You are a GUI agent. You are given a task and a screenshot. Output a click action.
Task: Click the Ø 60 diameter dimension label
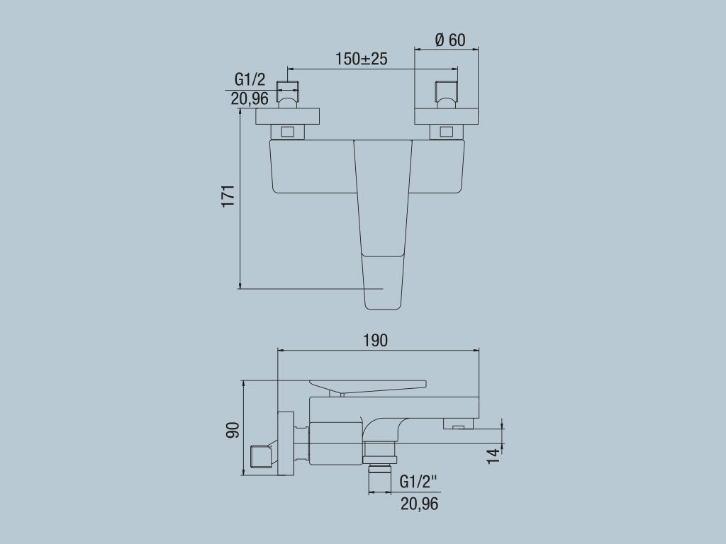[450, 40]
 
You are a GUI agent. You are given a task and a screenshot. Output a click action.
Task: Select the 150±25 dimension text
[362, 59]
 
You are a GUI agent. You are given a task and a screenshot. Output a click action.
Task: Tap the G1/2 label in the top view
[250, 80]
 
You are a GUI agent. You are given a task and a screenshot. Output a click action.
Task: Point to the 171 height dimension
[228, 196]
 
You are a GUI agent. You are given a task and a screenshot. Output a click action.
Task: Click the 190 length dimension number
[376, 340]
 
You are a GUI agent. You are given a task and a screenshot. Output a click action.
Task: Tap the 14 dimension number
[493, 455]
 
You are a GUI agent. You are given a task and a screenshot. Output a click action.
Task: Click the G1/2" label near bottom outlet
[418, 482]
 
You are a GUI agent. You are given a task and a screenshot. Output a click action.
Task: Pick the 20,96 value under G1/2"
[419, 504]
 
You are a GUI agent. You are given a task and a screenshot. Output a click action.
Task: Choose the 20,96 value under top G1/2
[250, 98]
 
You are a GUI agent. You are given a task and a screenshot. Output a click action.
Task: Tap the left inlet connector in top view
[287, 91]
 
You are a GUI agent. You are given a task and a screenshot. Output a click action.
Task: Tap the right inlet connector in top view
[446, 91]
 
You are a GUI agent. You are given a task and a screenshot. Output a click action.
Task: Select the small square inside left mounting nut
[287, 131]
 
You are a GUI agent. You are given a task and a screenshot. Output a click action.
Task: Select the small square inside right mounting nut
[446, 131]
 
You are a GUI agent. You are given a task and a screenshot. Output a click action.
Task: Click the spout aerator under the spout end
[459, 424]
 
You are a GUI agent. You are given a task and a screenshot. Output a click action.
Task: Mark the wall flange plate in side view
[286, 443]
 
